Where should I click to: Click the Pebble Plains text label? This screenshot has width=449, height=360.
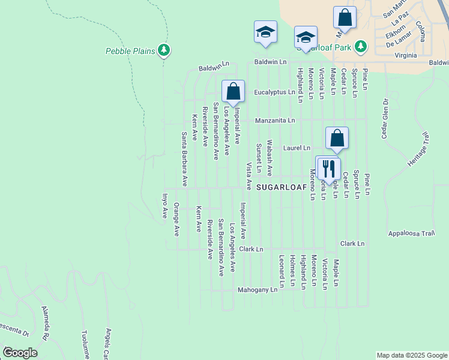tap(131, 51)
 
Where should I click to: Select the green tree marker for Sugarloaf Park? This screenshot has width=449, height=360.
tap(360, 46)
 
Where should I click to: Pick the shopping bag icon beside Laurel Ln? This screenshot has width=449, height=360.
tap(337, 138)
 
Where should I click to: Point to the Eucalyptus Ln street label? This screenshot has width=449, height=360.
tap(274, 92)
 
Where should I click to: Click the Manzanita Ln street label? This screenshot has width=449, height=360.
tap(274, 120)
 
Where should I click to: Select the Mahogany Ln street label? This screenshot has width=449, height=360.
tap(257, 289)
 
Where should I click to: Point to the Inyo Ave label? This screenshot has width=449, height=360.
tap(164, 206)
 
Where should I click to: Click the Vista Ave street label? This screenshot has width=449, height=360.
tap(248, 175)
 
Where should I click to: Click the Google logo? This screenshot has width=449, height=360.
tap(20, 352)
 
